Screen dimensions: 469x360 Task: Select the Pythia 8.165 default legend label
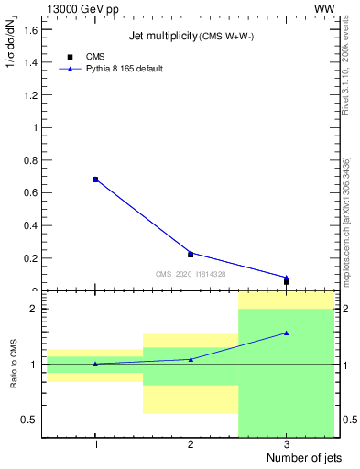pyautogui.click(x=125, y=69)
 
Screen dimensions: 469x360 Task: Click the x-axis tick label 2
pyautogui.click(x=191, y=444)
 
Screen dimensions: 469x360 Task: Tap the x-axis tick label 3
pyautogui.click(x=287, y=444)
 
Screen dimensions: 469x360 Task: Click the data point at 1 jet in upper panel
pyautogui.click(x=95, y=180)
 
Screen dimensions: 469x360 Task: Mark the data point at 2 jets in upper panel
pyautogui.click(x=191, y=254)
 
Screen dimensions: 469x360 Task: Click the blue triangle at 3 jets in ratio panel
pyautogui.click(x=287, y=333)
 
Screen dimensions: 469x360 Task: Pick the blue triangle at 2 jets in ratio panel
pyautogui.click(x=191, y=359)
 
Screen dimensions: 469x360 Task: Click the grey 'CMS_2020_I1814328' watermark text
pyautogui.click(x=191, y=274)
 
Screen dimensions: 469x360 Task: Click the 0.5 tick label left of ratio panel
pyautogui.click(x=30, y=420)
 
